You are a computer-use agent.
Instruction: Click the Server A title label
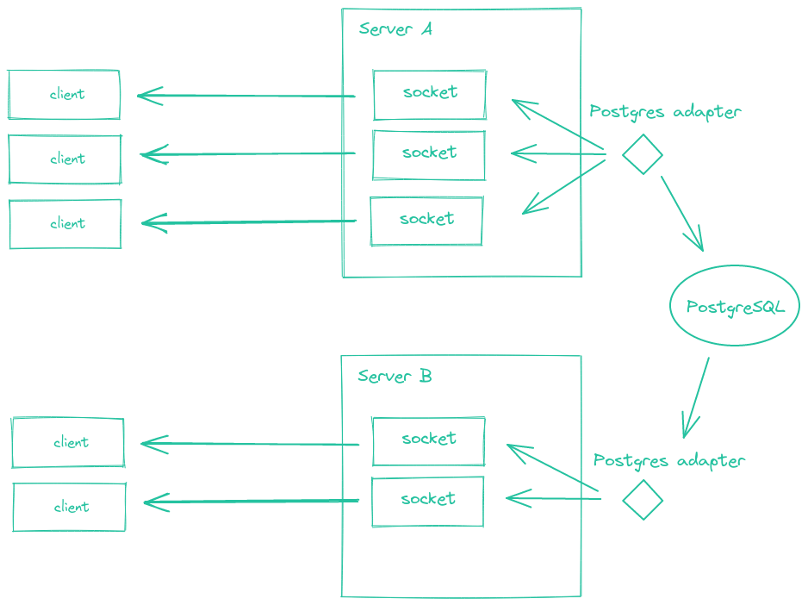395,29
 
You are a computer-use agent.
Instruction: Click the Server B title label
395,377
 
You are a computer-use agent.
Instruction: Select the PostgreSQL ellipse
735,306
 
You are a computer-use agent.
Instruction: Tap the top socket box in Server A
429,94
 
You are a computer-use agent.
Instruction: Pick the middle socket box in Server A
428,154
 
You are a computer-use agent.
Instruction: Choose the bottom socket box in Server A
426,221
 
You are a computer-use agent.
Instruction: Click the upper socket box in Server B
428,440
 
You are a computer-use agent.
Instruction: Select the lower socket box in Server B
427,501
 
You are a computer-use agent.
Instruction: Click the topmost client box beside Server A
65,95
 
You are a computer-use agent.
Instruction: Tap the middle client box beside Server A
65,159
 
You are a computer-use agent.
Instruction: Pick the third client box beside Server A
65,224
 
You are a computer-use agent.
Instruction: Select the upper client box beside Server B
68,443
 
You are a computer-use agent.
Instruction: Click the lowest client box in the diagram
69,507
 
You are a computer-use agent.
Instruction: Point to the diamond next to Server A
642,155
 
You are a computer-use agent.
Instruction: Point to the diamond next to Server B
643,500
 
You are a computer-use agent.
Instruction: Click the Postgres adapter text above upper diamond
665,113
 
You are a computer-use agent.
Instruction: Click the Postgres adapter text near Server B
668,461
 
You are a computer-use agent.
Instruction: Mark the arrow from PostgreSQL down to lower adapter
696,397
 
